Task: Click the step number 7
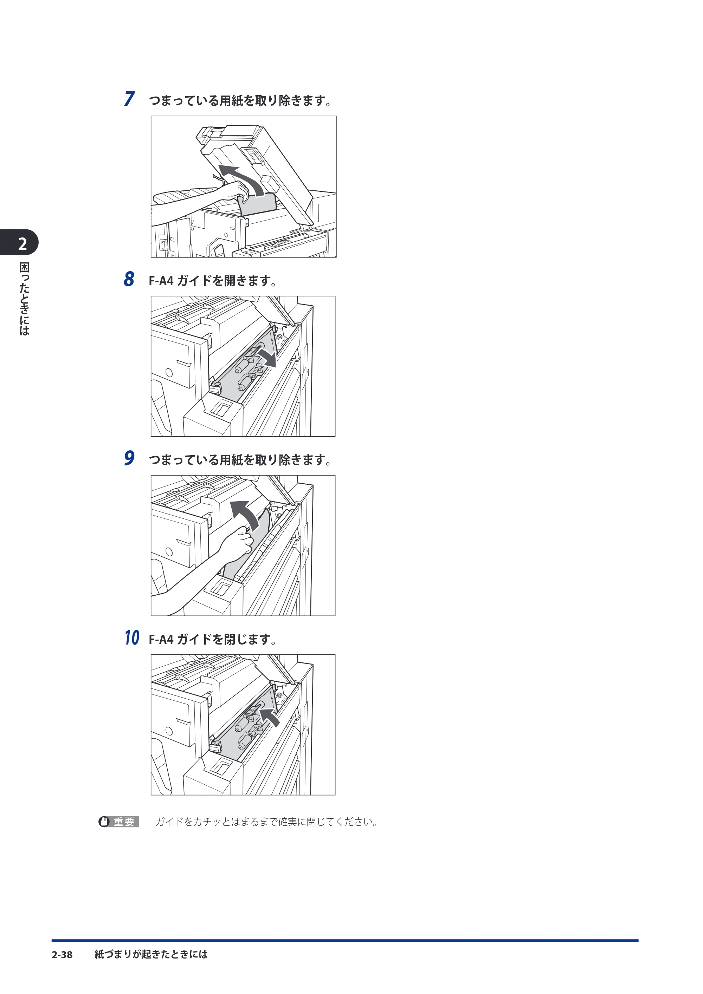[129, 99]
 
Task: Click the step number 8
[129, 279]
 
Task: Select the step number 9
[129, 458]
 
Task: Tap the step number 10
[132, 638]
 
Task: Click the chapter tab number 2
[22, 244]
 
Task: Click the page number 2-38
[62, 955]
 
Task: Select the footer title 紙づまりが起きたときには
[151, 954]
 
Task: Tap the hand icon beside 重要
[104, 822]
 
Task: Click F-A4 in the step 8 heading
[161, 281]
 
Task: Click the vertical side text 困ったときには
[24, 299]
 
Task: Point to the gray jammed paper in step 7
[258, 205]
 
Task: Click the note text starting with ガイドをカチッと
[267, 822]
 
